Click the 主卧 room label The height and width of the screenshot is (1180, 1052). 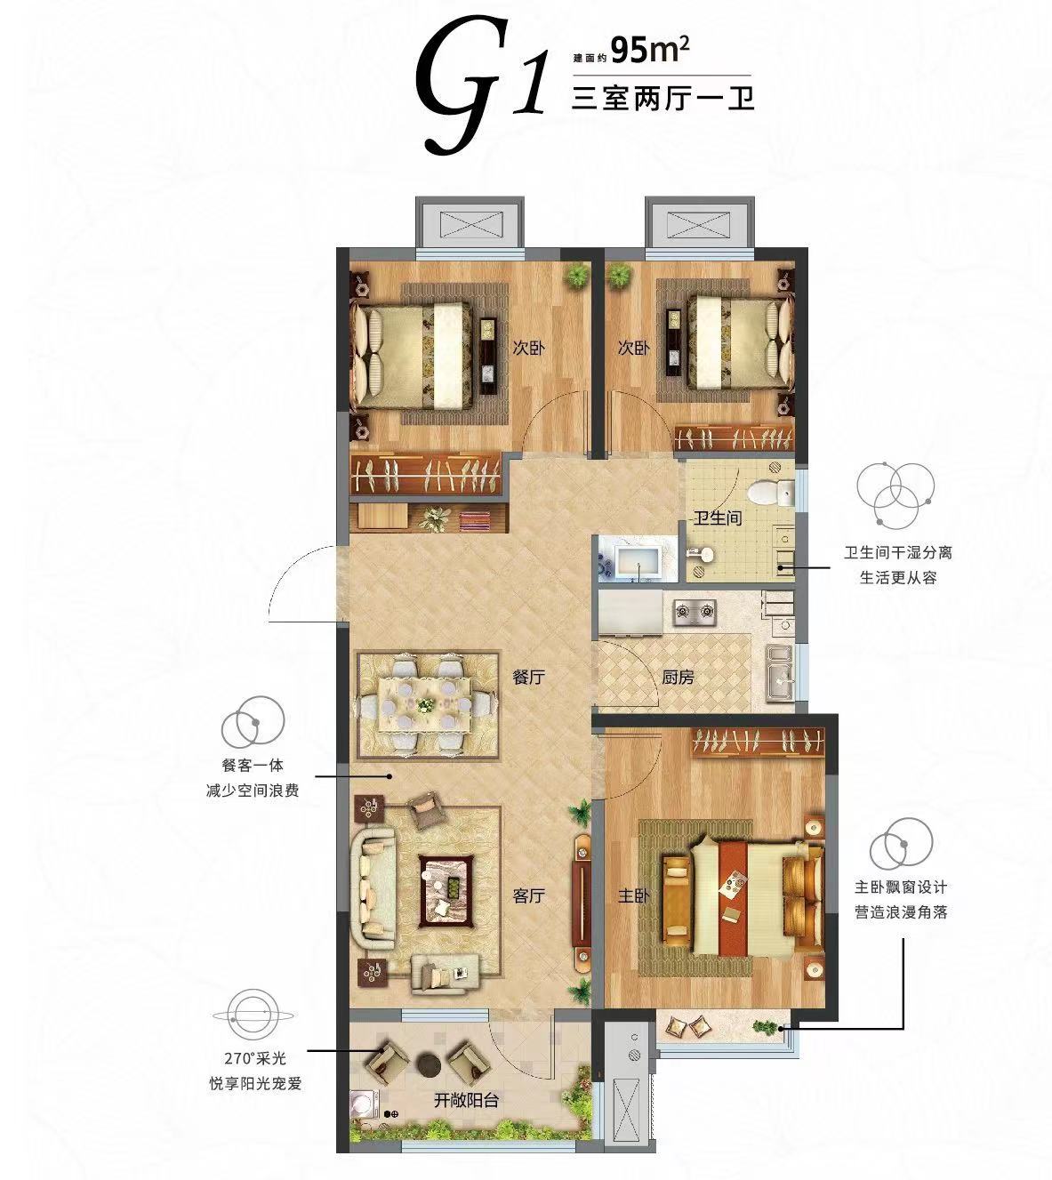point(634,896)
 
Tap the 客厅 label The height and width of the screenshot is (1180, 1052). point(529,896)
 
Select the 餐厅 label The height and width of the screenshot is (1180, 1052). point(528,678)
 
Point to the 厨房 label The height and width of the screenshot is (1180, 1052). point(678,678)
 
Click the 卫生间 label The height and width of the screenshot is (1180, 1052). point(717,518)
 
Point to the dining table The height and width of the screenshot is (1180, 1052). point(425,705)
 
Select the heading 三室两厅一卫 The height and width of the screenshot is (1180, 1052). point(663,99)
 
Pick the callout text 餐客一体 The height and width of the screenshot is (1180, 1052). point(253,766)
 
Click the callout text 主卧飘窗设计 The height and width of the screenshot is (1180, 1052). point(901,887)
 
